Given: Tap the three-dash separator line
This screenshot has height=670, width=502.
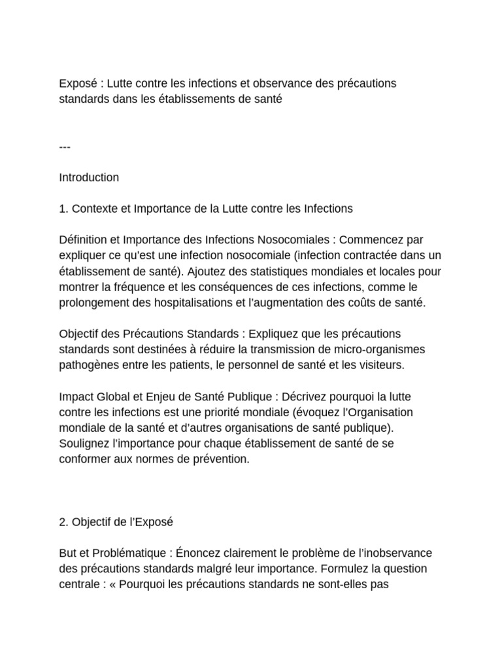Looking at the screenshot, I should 65,147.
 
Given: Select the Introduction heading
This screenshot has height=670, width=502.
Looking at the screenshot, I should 89,178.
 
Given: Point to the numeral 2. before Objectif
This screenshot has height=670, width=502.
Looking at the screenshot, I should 63,522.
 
